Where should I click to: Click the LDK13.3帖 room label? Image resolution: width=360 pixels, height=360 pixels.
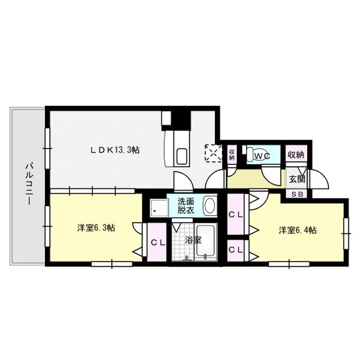click(x=116, y=150)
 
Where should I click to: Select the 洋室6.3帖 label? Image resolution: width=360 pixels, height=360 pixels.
click(x=97, y=228)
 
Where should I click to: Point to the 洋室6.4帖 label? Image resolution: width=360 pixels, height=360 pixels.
click(x=298, y=230)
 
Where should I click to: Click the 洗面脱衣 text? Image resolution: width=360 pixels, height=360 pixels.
click(x=186, y=205)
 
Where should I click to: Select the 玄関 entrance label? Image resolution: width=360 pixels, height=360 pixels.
click(x=296, y=180)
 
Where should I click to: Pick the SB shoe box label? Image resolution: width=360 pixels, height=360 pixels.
click(x=296, y=193)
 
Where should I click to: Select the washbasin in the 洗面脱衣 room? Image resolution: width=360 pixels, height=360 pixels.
click(x=209, y=205)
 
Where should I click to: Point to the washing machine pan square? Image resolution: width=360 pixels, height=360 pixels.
click(x=159, y=209)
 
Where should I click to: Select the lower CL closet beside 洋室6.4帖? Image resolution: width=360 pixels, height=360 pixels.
click(x=236, y=249)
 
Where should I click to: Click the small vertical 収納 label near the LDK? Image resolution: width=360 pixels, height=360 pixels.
click(x=232, y=154)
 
